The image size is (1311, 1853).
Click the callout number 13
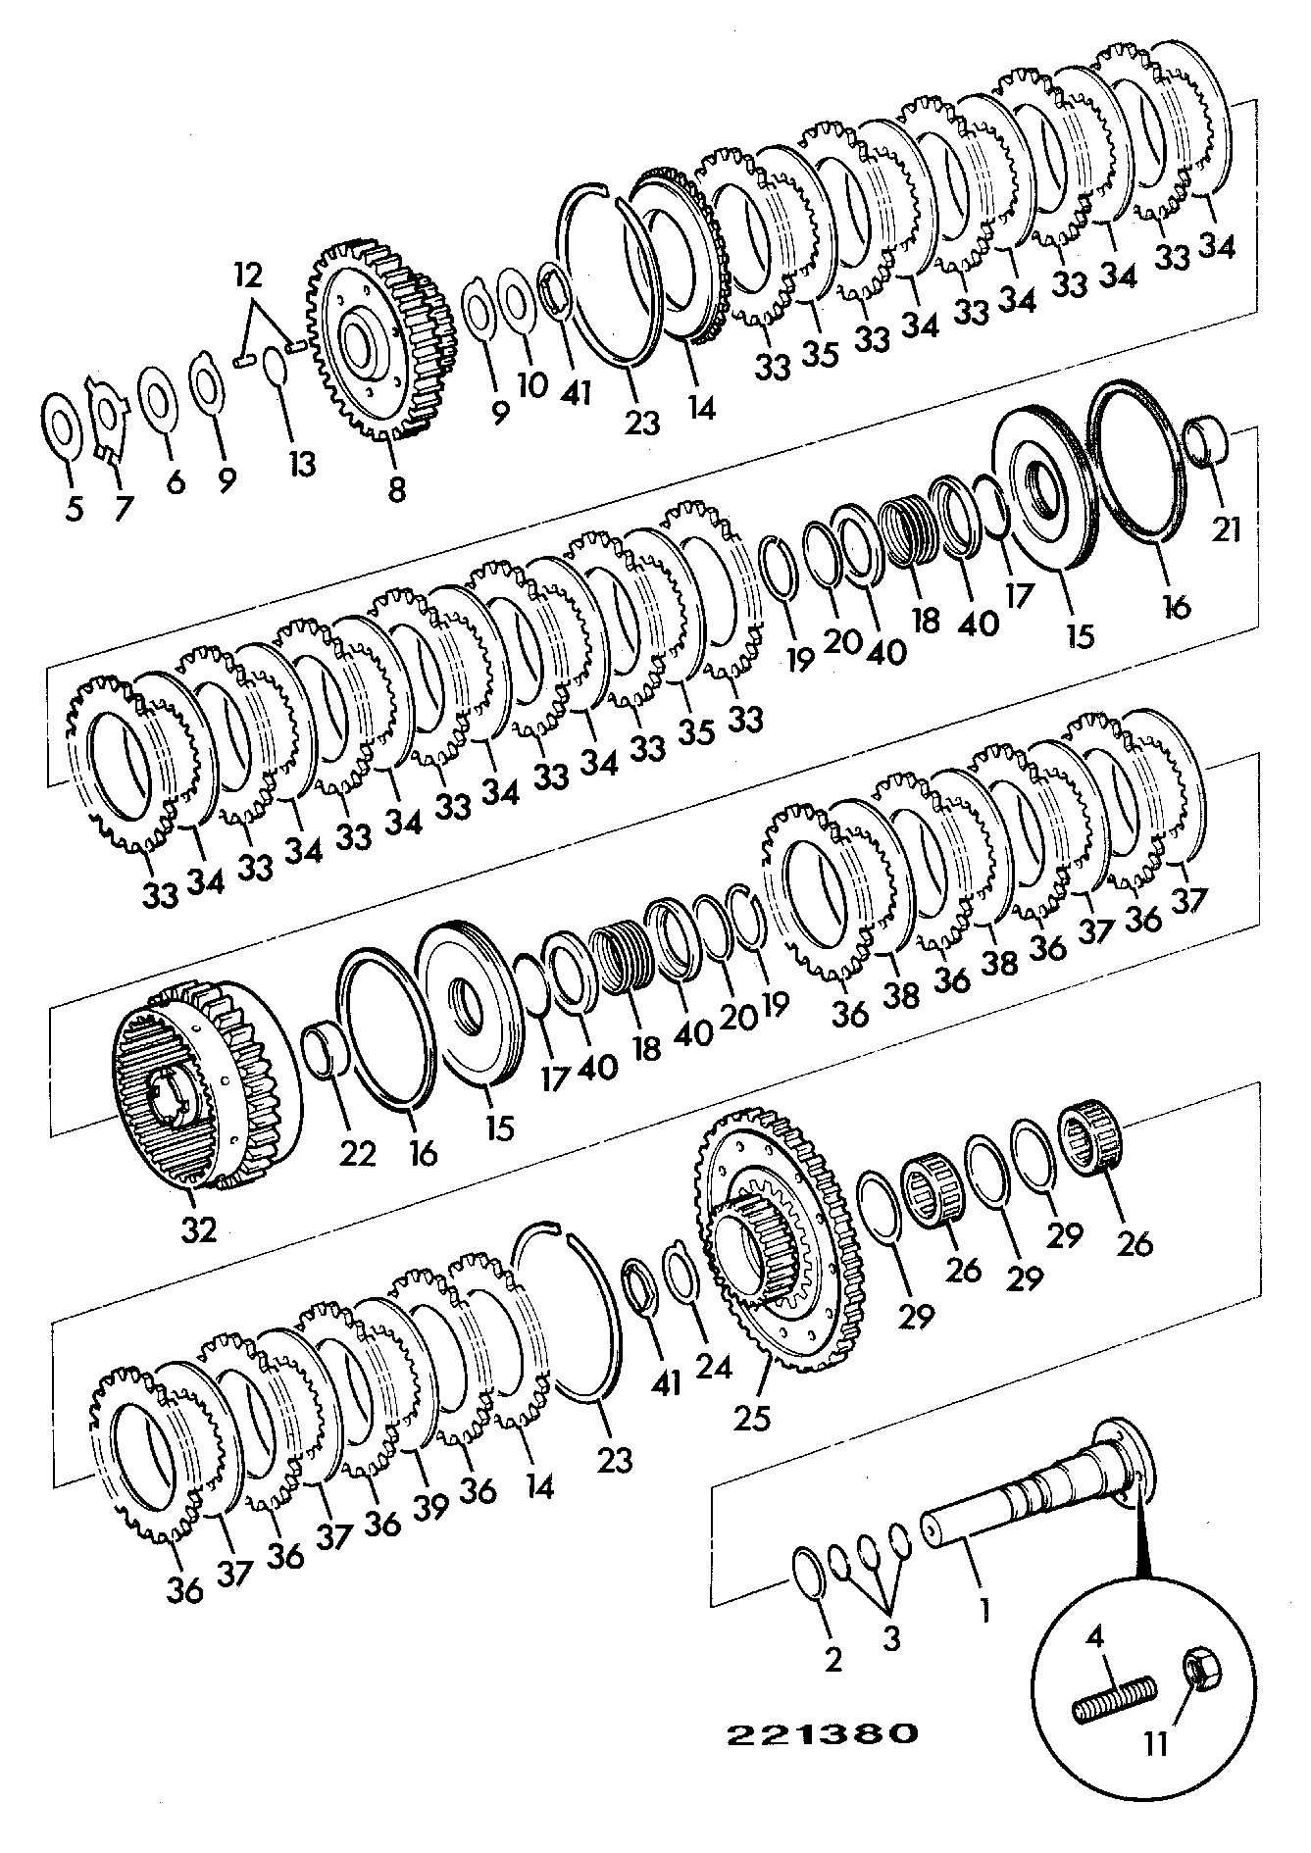(302, 463)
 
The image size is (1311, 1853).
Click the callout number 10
(532, 384)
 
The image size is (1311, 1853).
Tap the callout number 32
(199, 1229)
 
